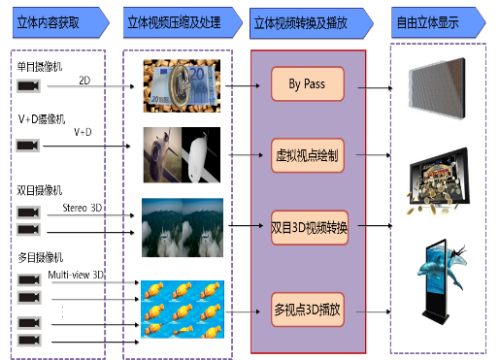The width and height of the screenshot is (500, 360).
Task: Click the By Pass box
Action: pyautogui.click(x=308, y=83)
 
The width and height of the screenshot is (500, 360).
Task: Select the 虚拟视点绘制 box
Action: pyautogui.click(x=308, y=155)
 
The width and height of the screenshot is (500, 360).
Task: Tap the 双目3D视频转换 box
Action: pyautogui.click(x=310, y=227)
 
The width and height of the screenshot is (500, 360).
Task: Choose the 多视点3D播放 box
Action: pyautogui.click(x=308, y=310)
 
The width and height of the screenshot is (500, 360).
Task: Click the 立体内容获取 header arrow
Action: pyautogui.click(x=61, y=22)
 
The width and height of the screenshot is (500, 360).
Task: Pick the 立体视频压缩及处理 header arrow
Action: pyautogui.click(x=183, y=22)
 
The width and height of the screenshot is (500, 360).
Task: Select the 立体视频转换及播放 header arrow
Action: pyautogui.click(x=312, y=23)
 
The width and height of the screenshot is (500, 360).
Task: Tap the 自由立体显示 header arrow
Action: pyautogui.click(x=439, y=22)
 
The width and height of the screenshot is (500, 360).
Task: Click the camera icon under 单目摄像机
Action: pyautogui.click(x=28, y=86)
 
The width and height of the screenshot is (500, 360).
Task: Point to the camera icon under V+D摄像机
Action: pyautogui.click(x=28, y=146)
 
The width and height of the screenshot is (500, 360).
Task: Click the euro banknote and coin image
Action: pyautogui.click(x=182, y=85)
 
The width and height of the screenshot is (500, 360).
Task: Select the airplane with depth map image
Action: pyautogui.click(x=182, y=155)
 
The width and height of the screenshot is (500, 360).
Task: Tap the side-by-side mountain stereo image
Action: pyautogui.click(x=183, y=228)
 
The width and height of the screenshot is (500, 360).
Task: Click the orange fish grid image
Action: pyautogui.click(x=183, y=310)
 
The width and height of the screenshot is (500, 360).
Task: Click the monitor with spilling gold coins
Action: pyautogui.click(x=439, y=181)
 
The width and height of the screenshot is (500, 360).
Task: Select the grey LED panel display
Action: pyautogui.click(x=437, y=88)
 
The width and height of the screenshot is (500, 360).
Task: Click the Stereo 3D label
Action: pyautogui.click(x=83, y=208)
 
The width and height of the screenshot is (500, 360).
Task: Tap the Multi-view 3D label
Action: pyautogui.click(x=76, y=275)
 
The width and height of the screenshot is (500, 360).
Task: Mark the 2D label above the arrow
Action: pyautogui.click(x=84, y=81)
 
